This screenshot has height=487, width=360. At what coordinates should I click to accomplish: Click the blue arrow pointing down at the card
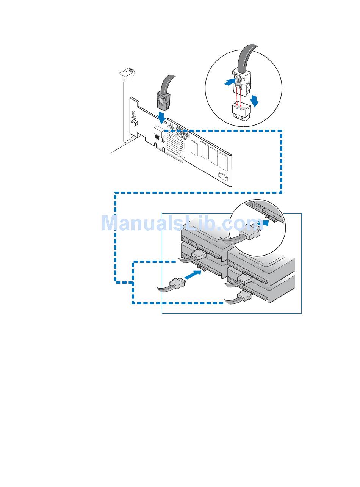coord(162,118)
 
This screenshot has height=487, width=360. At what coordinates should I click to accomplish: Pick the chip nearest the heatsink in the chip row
coord(194,148)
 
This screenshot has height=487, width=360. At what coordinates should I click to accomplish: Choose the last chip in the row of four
coord(224,162)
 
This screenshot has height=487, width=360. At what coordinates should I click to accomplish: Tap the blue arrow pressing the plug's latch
coord(230,82)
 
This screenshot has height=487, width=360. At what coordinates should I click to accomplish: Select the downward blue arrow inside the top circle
coord(255,101)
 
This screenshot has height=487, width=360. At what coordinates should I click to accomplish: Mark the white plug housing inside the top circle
coord(241,81)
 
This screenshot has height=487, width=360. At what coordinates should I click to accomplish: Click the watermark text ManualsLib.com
coord(182,223)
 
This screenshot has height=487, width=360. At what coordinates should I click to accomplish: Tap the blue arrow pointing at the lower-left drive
coord(193,275)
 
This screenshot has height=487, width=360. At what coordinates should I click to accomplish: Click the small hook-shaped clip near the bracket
coord(134,122)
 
